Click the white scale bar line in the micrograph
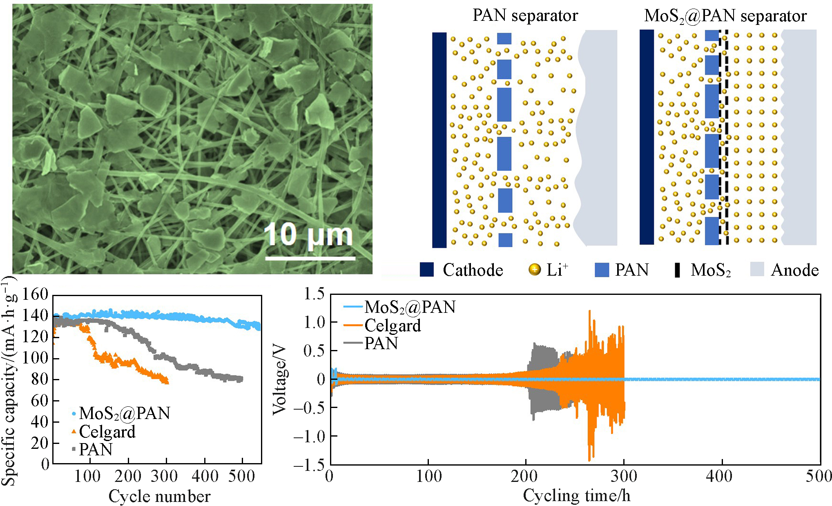coord(310,258)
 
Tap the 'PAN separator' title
coord(525,16)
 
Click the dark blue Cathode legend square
coord(427,270)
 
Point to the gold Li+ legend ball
coord(534,270)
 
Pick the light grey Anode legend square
coord(757,270)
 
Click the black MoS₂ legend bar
coord(677,270)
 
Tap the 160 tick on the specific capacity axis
coord(36,294)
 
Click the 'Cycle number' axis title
coord(159,496)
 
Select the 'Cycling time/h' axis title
coord(576,495)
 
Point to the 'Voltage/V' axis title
coord(280,380)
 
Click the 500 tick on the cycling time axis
coord(819,476)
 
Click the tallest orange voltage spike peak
coord(589,311)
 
